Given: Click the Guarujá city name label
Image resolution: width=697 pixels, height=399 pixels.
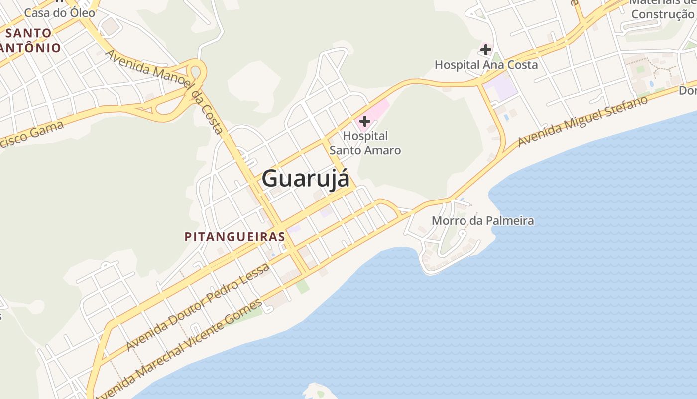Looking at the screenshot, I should [306, 178].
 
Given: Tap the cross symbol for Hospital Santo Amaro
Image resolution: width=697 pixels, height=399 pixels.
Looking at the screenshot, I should [365, 121].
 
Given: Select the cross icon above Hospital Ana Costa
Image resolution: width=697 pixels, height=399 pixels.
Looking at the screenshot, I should [486, 50].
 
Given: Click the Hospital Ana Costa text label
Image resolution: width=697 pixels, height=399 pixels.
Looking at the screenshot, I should [486, 65].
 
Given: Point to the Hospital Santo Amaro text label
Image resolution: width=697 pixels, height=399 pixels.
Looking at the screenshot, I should [365, 143].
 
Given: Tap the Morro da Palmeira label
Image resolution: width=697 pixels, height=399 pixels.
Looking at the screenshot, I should [482, 220].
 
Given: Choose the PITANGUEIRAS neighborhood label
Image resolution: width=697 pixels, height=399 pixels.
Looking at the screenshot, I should [234, 237].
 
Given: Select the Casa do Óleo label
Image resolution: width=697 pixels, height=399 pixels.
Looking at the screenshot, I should [59, 13].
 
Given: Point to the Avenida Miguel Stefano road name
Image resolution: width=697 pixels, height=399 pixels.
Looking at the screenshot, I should [582, 121].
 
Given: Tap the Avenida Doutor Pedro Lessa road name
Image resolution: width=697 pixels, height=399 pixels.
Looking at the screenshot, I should [198, 307].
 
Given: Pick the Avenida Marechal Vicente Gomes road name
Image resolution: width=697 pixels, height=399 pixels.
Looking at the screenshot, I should [179, 349].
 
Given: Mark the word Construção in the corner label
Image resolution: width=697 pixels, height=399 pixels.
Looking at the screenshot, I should [662, 14].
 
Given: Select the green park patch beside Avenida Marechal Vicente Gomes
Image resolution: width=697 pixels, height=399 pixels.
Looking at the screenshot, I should [302, 287].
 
